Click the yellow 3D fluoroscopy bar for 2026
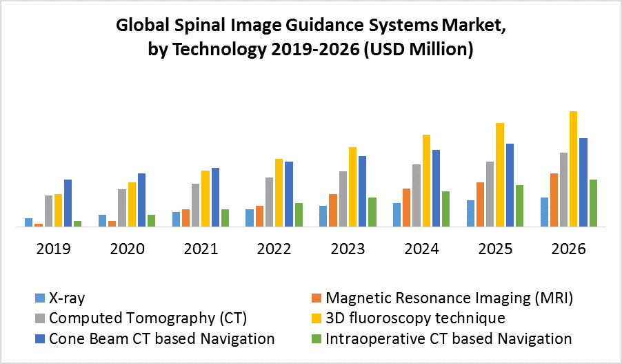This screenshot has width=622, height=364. (573, 169)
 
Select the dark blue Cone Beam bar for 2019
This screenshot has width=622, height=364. (68, 202)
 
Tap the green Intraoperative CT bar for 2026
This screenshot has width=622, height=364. (593, 202)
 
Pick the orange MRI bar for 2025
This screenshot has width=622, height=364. (479, 204)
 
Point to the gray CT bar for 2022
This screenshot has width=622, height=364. (269, 202)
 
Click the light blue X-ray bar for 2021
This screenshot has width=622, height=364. (176, 219)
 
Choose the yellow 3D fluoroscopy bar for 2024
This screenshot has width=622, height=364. (426, 180)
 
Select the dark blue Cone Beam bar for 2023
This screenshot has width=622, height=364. (362, 191)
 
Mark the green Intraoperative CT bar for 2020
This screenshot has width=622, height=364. (151, 220)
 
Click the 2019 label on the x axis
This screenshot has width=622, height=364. (53, 249)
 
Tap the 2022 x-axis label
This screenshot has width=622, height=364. (274, 249)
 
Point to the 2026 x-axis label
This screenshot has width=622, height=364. (568, 249)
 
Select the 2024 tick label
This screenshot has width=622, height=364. (421, 249)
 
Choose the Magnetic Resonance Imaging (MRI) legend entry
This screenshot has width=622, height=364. (449, 298)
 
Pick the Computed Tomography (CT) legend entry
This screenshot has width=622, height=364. (148, 318)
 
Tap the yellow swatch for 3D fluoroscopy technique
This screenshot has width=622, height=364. (317, 318)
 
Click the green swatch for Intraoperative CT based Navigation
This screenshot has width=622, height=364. (317, 338)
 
